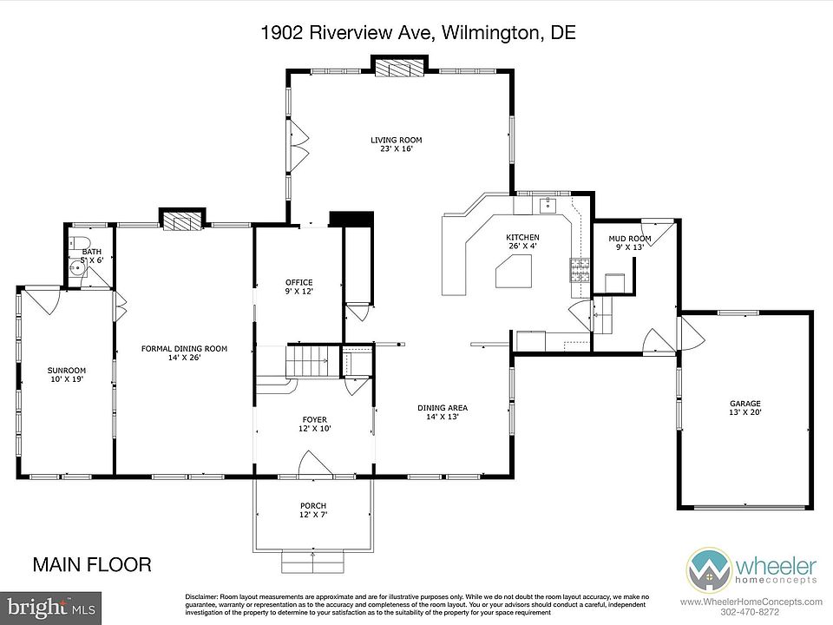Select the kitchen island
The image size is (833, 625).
[x=513, y=271]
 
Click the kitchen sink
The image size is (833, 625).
[x=548, y=205]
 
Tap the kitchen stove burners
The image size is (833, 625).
[x=580, y=270]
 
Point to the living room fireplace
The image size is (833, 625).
[x=399, y=68]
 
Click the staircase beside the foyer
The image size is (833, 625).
[x=307, y=361]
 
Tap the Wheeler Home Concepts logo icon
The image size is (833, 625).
[x=708, y=571]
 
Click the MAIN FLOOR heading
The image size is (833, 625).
[x=92, y=564]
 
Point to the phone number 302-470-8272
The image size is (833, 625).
[x=751, y=612]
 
